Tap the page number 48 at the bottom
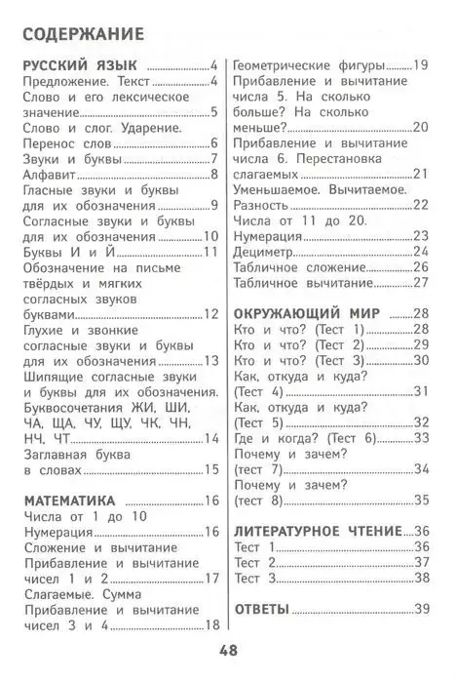[x=228, y=652]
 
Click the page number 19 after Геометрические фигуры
[x=421, y=65]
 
